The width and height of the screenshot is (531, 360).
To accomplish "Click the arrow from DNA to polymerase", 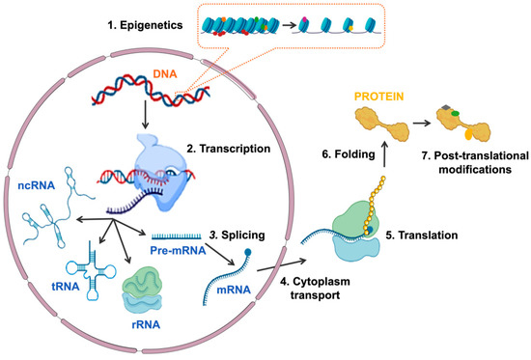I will coord(143,115).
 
